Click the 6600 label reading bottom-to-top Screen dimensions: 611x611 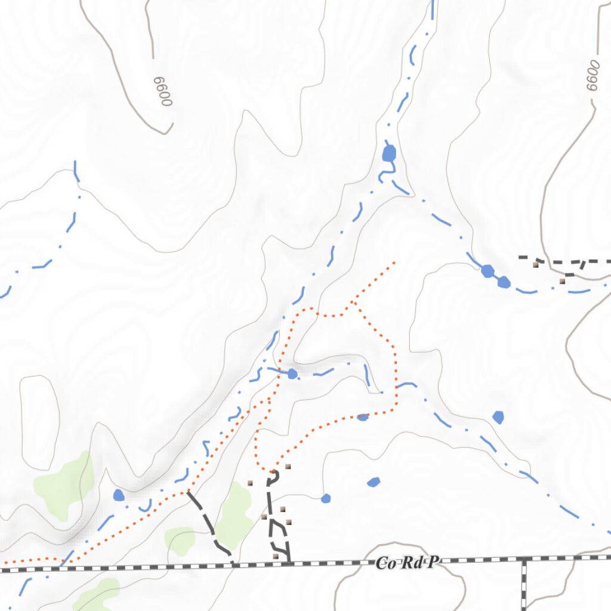pos(592,75)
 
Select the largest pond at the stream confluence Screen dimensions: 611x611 pos(389,153)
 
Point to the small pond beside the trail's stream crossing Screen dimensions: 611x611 pos(292,374)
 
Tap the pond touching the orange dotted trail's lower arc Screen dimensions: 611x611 pos(363,417)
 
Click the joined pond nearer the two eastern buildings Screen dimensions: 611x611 pos(504,282)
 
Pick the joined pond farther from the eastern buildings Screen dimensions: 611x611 pos(487,271)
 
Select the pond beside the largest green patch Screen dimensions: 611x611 pos(119,495)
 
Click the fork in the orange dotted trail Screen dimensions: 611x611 pos(354,303)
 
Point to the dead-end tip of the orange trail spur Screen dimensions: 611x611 pos(394,261)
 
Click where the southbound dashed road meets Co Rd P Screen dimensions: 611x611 pos(524,559)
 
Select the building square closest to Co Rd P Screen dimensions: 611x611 pos(276,556)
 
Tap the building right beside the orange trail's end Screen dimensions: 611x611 pos(288,466)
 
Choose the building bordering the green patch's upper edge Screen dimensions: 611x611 pos(250,483)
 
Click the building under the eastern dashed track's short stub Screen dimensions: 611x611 pos(562,280)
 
